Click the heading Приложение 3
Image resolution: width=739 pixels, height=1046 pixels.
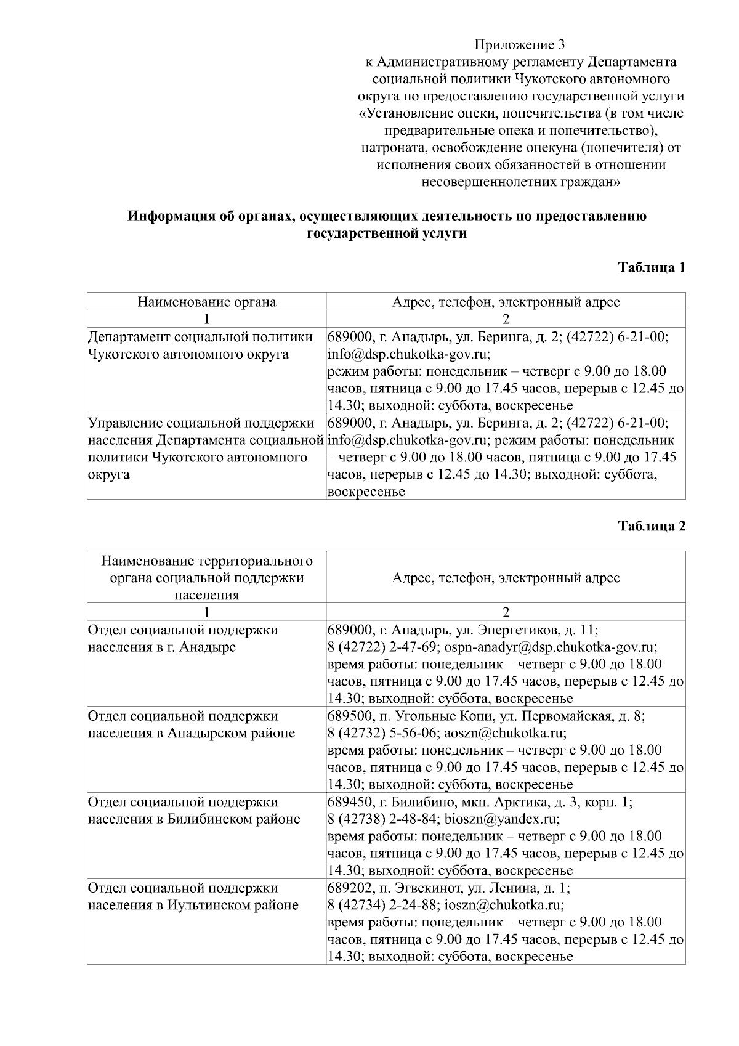point(519,45)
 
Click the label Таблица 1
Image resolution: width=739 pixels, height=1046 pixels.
point(652,267)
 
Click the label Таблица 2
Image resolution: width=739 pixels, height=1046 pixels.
point(652,526)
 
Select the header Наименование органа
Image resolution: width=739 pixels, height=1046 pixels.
point(206,302)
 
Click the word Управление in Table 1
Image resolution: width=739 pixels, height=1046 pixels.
point(124,423)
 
